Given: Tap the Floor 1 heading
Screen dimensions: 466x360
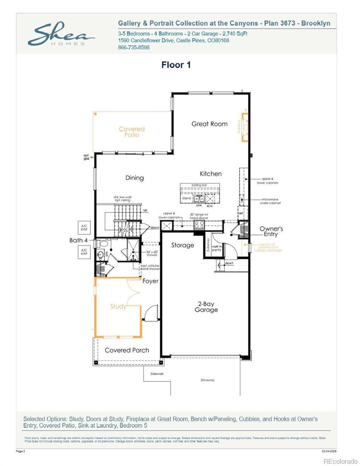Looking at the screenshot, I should pos(176,65).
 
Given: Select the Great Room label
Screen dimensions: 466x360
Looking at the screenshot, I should pos(209,124).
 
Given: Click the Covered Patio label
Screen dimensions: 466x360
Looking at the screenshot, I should pos(131,132).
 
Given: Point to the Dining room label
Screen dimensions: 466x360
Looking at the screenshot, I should pos(134,178).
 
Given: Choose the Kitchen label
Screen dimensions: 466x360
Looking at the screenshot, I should pos(211,174).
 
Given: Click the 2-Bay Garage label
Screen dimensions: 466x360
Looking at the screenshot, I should pos(206,307).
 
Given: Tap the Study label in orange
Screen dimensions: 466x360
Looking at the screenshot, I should pos(118,306).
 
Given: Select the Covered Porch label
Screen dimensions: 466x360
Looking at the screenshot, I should pos(127,350).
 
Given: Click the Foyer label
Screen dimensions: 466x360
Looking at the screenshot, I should pos(150,281).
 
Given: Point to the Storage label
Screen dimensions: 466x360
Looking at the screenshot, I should pos(182,245).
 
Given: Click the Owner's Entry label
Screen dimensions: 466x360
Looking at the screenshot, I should pos(271,231).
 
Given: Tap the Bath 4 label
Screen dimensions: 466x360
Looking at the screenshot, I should pos(78,240).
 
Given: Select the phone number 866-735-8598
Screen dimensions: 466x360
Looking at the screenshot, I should pos(134,47).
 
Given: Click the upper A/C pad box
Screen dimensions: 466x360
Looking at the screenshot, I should pos(84,228).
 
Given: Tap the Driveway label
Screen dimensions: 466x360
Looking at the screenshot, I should pos(207,380).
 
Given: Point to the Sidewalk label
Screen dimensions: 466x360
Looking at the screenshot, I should pos(157,374).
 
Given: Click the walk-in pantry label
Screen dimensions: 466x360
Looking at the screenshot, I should pos(217,248).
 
